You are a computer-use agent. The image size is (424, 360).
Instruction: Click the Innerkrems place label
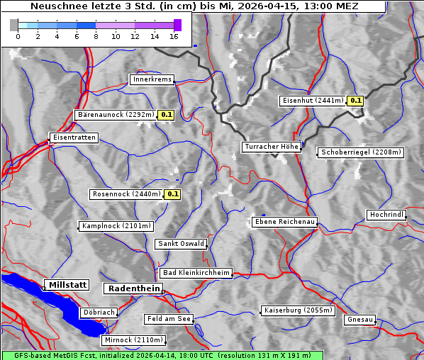click(x=152, y=79)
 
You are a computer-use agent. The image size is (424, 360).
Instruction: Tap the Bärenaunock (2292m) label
click(x=115, y=114)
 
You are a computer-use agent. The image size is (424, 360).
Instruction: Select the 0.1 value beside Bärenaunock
click(x=167, y=114)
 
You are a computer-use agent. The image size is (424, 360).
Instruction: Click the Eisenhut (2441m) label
click(x=312, y=101)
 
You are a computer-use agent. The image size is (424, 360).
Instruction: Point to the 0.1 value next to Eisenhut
click(x=355, y=101)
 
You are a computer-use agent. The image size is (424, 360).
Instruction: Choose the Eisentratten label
click(x=73, y=137)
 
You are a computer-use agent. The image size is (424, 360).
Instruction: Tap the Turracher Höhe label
click(x=272, y=147)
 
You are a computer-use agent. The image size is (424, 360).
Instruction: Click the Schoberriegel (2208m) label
click(x=361, y=152)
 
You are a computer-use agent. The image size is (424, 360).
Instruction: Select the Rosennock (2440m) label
click(x=127, y=194)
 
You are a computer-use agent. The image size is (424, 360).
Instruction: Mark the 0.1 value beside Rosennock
click(x=172, y=194)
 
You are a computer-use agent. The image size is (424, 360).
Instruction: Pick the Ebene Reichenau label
click(x=284, y=222)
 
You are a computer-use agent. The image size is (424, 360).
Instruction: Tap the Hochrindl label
click(x=386, y=215)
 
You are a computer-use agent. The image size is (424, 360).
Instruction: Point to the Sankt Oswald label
click(x=181, y=244)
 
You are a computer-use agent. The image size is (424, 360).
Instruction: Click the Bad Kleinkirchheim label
click(x=196, y=273)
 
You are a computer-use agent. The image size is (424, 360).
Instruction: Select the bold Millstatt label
click(x=67, y=285)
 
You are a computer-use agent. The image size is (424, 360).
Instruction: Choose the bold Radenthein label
click(x=133, y=288)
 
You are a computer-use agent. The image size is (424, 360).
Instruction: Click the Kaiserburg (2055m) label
click(x=297, y=310)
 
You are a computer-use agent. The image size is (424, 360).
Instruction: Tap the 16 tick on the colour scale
click(x=174, y=35)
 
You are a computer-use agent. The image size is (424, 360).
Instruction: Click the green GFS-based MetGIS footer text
click(x=162, y=355)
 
